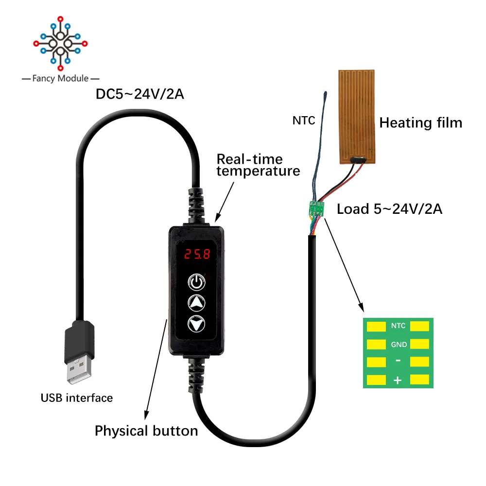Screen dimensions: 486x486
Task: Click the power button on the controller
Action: pyautogui.click(x=196, y=282)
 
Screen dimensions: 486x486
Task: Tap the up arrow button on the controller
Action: pyautogui.click(x=196, y=303)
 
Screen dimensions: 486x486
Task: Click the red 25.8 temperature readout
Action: pyautogui.click(x=197, y=254)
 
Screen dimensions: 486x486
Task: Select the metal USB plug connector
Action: pyautogui.click(x=79, y=370)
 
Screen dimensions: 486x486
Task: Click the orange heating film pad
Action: pyautogui.click(x=357, y=117)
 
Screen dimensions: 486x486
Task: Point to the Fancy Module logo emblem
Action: pyautogui.click(x=60, y=43)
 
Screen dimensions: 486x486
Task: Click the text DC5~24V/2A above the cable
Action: pyautogui.click(x=140, y=94)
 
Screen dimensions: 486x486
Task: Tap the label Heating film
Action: pyautogui.click(x=420, y=123)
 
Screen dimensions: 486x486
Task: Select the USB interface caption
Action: pyautogui.click(x=77, y=398)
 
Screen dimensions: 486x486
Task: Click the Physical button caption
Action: pyautogui.click(x=146, y=431)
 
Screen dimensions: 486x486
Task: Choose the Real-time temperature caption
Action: pyautogui.click(x=258, y=165)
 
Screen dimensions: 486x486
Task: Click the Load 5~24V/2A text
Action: pyautogui.click(x=389, y=209)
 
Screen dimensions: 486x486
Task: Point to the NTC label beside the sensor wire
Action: pyautogui.click(x=304, y=120)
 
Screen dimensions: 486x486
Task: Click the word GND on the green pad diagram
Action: pyautogui.click(x=399, y=345)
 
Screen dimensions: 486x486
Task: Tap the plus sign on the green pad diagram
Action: pyautogui.click(x=398, y=381)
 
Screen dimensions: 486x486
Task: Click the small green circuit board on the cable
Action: pyautogui.click(x=317, y=208)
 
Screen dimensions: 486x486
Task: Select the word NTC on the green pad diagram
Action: pyautogui.click(x=399, y=326)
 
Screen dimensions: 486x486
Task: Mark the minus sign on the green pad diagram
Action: pyautogui.click(x=398, y=361)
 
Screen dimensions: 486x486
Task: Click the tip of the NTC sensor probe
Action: pyautogui.click(x=326, y=92)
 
